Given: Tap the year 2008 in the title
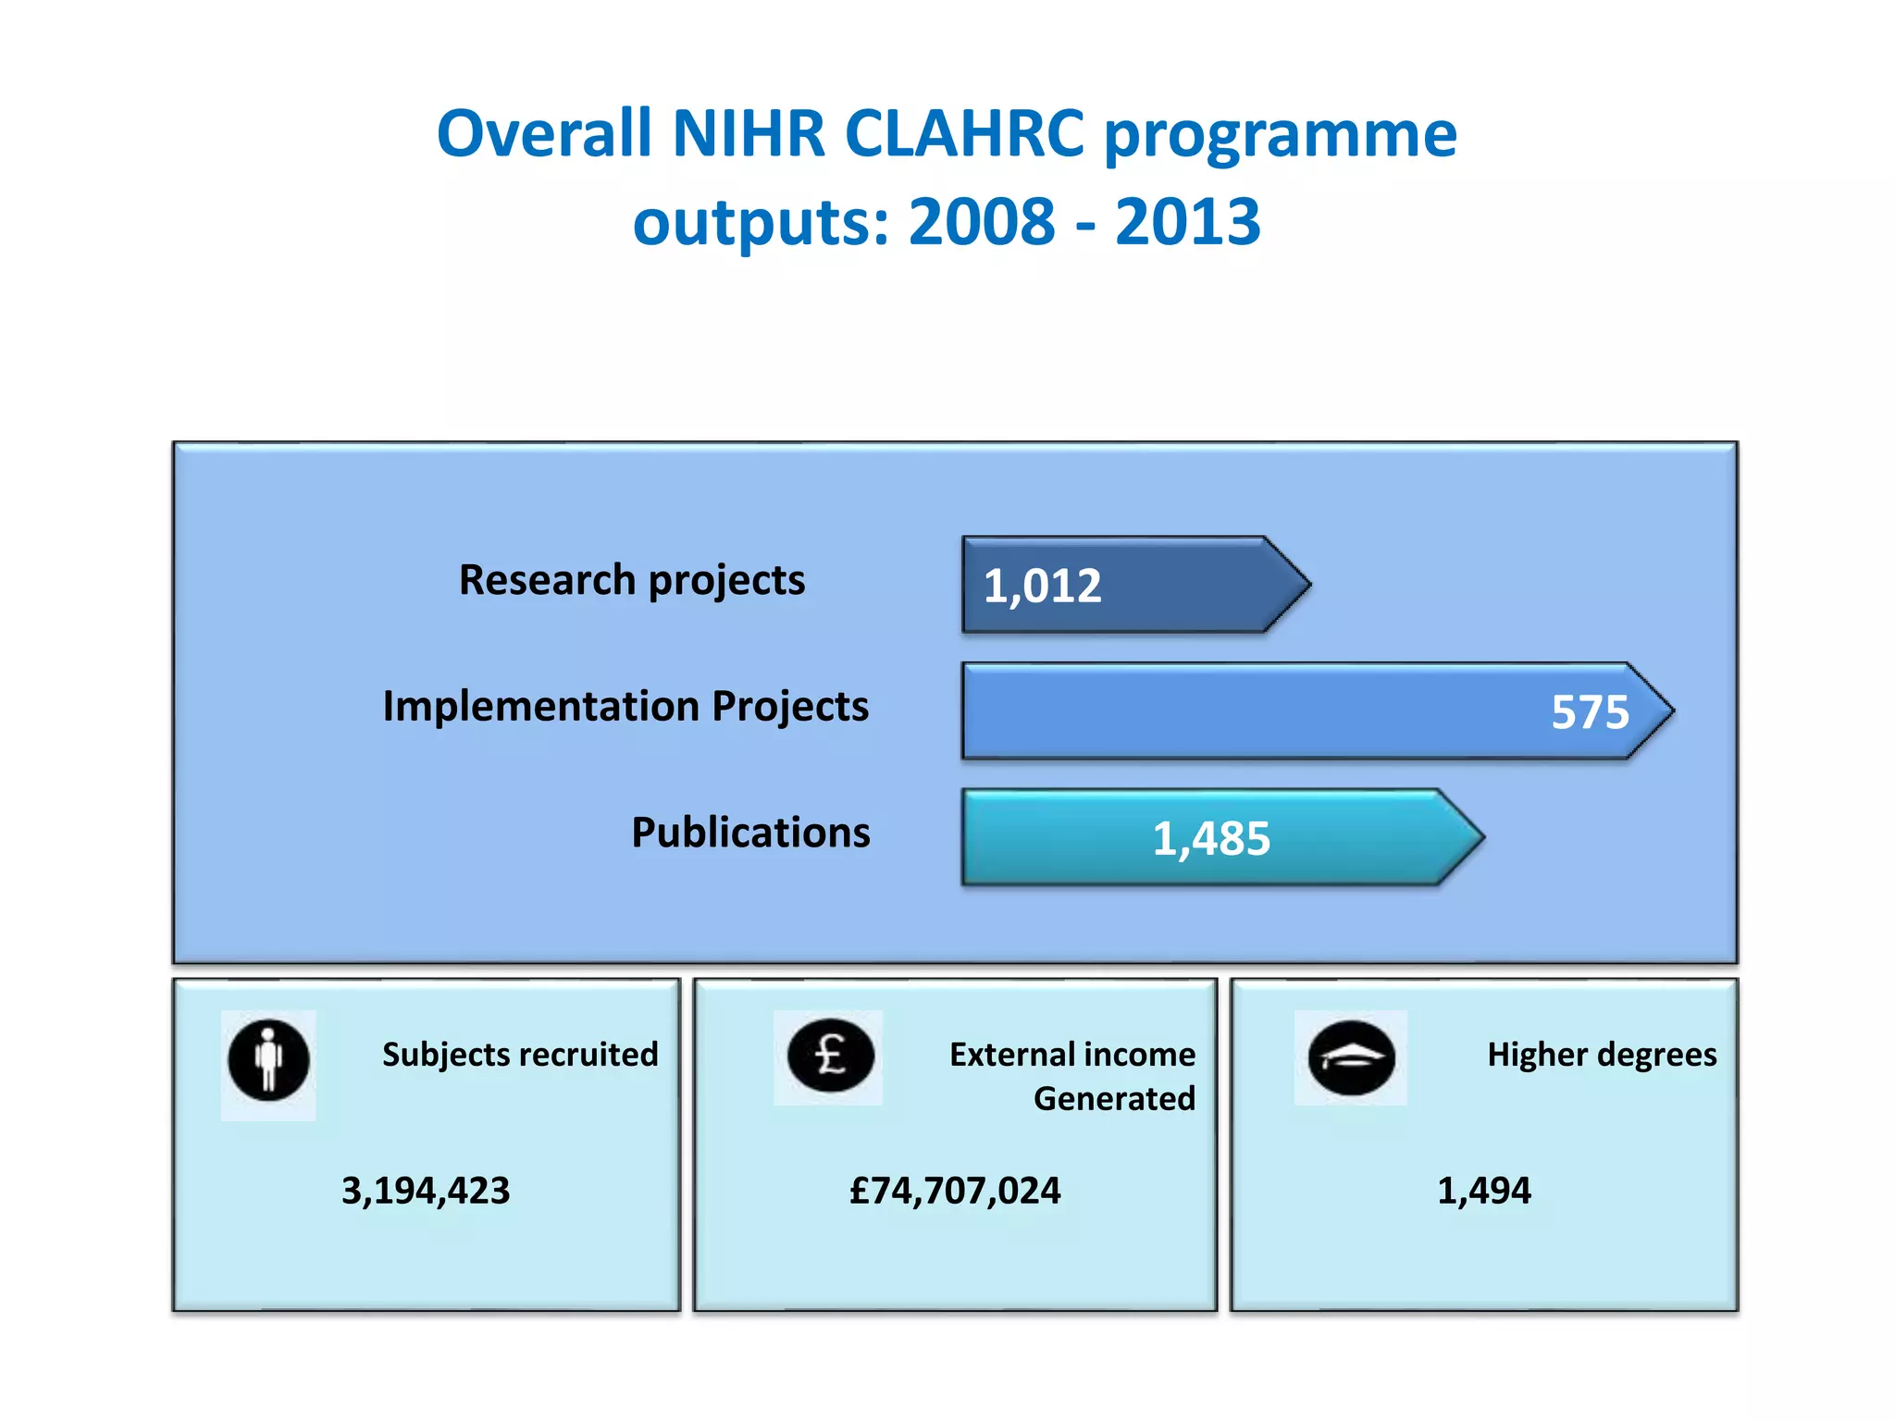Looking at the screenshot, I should pyautogui.click(x=981, y=223).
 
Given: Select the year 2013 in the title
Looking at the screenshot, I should pyautogui.click(x=1187, y=223).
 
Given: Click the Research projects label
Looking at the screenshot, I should pyautogui.click(x=632, y=581).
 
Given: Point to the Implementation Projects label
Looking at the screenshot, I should pyautogui.click(x=625, y=707).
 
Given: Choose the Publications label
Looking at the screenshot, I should pyautogui.click(x=750, y=833).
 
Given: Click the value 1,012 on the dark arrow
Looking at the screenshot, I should pyautogui.click(x=1042, y=587).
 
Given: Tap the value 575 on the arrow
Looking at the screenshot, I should pyautogui.click(x=1590, y=712).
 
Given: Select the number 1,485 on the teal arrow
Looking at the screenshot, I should pyautogui.click(x=1211, y=839).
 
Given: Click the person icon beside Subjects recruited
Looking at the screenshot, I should pyautogui.click(x=268, y=1060).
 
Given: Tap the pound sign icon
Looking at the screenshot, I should pyautogui.click(x=830, y=1056).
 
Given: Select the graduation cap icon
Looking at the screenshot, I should pyautogui.click(x=1351, y=1057).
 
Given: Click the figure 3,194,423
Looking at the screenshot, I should pyautogui.click(x=426, y=1191).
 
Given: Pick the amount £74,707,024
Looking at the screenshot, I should pyautogui.click(x=955, y=1191).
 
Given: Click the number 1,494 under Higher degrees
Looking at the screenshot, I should pyautogui.click(x=1483, y=1191).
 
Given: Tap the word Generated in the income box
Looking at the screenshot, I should pyautogui.click(x=1114, y=1099).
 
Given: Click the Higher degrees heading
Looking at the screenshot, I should pyautogui.click(x=1602, y=1055).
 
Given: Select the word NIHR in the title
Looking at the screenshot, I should pyautogui.click(x=748, y=134).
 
